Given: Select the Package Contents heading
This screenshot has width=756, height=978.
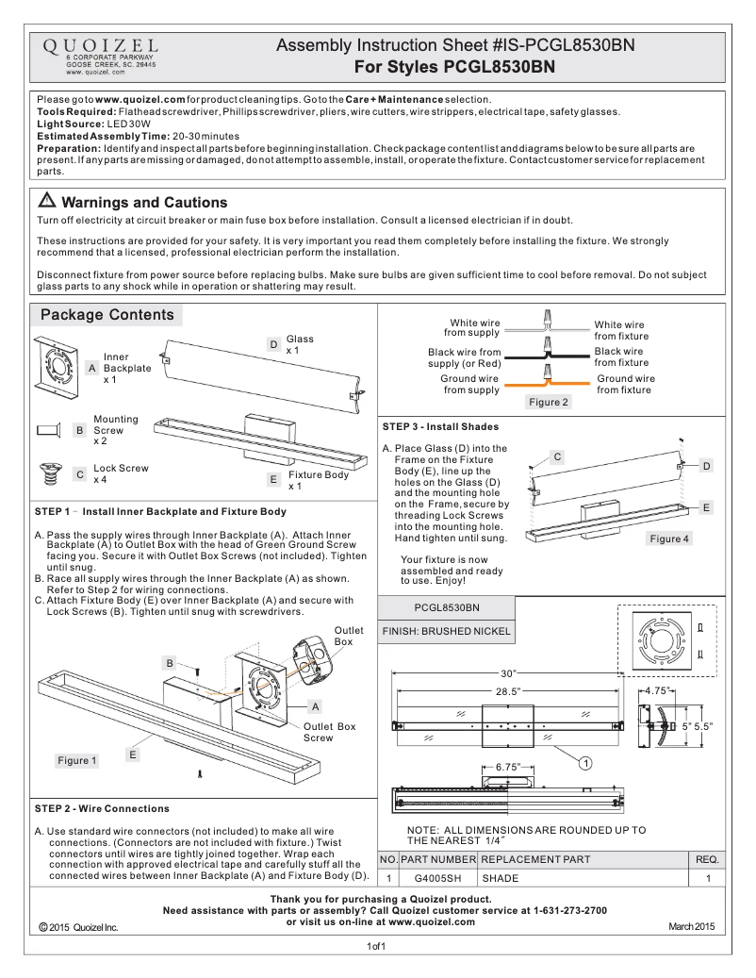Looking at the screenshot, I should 107,315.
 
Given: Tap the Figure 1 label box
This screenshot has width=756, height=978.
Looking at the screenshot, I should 77,760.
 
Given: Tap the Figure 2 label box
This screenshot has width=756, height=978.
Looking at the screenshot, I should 549,402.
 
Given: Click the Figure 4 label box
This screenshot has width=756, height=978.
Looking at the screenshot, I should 669,539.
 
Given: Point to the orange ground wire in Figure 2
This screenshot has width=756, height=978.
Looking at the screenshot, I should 547,384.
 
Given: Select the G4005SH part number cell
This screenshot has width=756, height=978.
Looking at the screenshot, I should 438,878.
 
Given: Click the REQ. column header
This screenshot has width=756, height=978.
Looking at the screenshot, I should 707,859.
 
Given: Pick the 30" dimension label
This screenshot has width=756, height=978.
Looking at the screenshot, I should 509,672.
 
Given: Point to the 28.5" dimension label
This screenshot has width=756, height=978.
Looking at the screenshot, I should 508,691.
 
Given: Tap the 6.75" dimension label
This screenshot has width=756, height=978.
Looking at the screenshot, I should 508,767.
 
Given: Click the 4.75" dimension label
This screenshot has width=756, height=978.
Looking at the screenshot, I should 656,691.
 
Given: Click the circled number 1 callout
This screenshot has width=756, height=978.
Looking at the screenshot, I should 584,761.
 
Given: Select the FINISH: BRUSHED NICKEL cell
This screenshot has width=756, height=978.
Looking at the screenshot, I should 446,631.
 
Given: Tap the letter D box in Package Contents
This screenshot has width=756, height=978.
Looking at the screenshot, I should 272,345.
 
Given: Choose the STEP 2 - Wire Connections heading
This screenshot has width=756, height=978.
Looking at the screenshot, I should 102,808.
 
